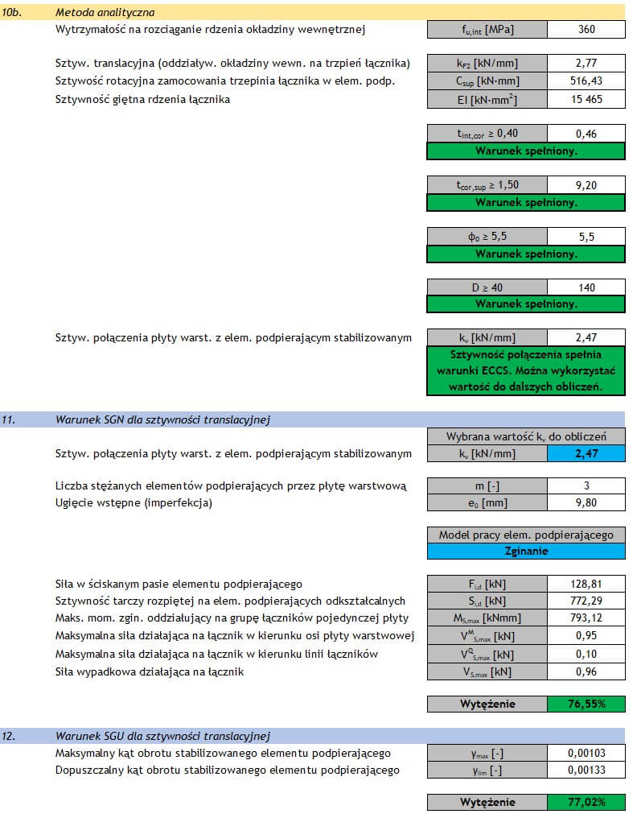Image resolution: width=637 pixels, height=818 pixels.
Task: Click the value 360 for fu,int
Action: tap(586, 30)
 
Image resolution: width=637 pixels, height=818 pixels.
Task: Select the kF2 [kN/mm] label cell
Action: tap(487, 63)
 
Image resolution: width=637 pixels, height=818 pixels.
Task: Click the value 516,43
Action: tap(586, 81)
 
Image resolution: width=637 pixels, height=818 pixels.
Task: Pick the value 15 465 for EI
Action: tap(586, 100)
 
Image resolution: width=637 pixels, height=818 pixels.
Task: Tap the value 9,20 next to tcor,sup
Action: tap(586, 184)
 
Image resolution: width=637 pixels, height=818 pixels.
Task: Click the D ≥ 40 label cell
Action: tap(487, 287)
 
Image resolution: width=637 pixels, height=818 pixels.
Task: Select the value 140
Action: tap(586, 287)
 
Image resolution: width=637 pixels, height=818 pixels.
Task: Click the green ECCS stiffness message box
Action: tap(526, 370)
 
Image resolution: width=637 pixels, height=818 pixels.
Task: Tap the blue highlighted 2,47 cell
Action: tap(586, 454)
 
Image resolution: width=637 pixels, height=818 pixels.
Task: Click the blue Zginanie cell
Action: tap(526, 552)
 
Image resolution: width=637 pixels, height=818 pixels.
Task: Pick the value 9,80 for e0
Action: tap(586, 503)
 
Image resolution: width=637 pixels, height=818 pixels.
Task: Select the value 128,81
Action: tap(586, 584)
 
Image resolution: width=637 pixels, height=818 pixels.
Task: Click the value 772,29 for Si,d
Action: tap(586, 601)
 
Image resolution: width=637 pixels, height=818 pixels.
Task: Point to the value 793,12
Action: tap(586, 618)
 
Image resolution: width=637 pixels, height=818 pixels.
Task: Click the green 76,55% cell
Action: tap(586, 704)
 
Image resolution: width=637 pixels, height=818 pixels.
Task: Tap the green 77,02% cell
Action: tap(586, 802)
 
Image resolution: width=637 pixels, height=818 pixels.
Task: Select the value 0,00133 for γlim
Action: tap(586, 770)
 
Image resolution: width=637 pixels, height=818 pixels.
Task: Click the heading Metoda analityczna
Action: tap(105, 13)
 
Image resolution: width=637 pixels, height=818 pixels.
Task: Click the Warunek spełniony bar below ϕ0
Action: tap(526, 254)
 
